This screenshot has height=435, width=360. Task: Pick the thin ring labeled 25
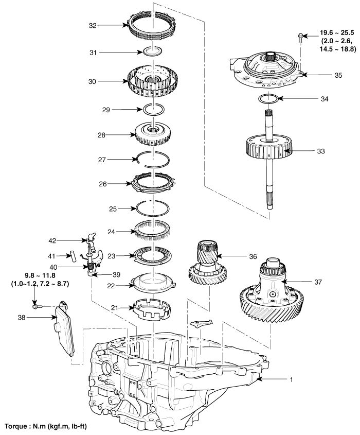(153, 208)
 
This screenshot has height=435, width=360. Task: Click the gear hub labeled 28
(153, 135)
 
